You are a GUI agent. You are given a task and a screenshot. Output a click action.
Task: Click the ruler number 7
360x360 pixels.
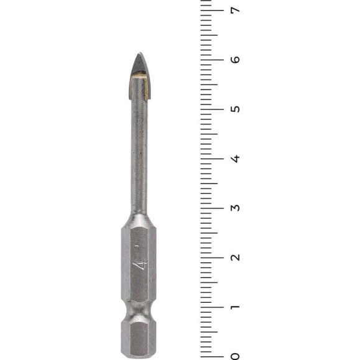click(235, 10)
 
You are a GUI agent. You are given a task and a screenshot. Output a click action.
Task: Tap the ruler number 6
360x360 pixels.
click(235, 60)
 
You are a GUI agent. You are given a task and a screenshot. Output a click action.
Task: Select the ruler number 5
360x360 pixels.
click(235, 109)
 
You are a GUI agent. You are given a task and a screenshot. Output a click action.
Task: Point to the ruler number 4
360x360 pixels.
click(235, 159)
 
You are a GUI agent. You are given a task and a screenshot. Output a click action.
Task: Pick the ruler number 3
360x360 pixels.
click(235, 208)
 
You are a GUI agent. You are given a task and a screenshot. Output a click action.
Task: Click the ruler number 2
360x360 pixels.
click(235, 257)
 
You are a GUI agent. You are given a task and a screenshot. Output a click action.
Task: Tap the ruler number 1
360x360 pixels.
click(235, 307)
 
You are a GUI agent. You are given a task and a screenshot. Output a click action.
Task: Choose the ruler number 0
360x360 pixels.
click(235, 356)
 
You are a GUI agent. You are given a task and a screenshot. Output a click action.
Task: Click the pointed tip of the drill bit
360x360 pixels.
click(140, 53)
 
